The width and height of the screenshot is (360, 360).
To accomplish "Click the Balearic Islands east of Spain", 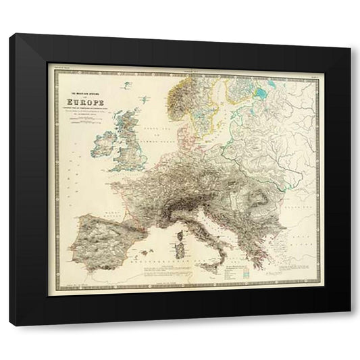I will pyautogui.click(x=145, y=251).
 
